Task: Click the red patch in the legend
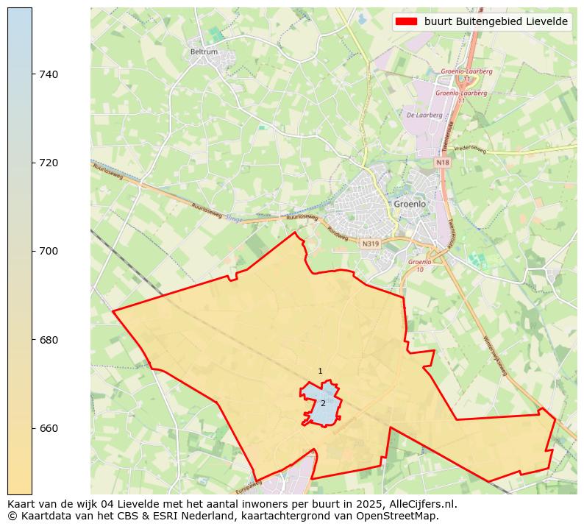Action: point(406,21)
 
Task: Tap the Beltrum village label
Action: point(203,52)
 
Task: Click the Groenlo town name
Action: point(410,204)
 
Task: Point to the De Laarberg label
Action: point(424,115)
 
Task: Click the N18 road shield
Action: point(442,163)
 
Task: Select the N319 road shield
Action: point(369,243)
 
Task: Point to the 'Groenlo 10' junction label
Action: point(420,265)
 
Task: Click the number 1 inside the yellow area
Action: point(320,372)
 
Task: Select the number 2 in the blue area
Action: point(323,403)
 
